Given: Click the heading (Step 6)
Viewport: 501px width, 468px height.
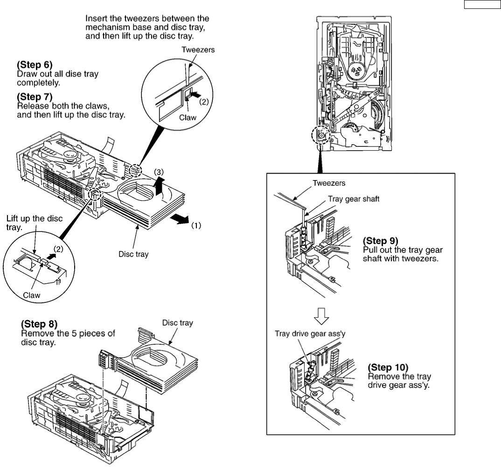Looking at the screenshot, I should [x=32, y=67].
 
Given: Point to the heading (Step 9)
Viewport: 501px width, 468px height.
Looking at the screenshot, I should [x=381, y=241].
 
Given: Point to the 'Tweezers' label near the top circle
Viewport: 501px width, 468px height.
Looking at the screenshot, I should [x=199, y=51].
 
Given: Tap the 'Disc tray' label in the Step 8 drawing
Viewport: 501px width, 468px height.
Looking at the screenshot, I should [x=178, y=322].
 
